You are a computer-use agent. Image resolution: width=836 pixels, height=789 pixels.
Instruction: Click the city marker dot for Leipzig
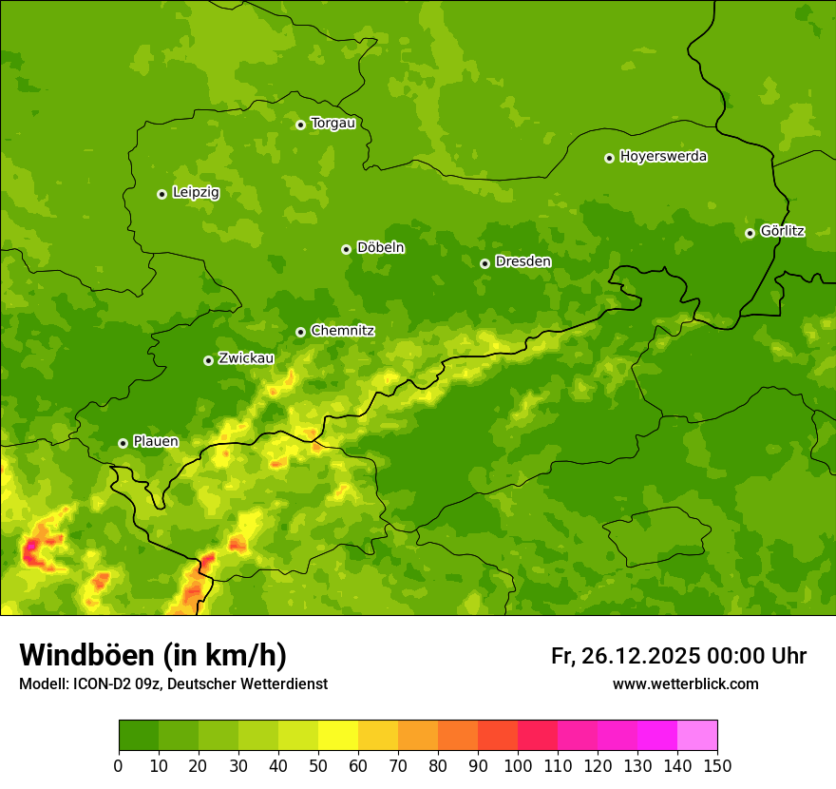[161, 194]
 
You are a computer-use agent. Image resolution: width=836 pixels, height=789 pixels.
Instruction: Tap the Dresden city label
[522, 261]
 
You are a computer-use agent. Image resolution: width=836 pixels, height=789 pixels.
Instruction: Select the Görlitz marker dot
[750, 233]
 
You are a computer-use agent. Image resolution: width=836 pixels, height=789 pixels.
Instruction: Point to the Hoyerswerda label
[663, 156]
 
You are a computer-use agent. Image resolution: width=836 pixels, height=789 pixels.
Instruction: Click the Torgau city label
[332, 123]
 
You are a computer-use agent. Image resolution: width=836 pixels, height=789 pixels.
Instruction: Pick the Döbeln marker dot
[346, 249]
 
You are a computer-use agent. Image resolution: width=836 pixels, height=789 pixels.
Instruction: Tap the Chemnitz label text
[342, 331]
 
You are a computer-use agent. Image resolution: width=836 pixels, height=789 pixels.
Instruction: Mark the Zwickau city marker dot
[208, 360]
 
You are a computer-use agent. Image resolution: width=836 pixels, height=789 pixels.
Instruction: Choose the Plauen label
[156, 441]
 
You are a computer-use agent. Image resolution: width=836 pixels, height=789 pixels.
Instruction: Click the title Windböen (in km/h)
[153, 655]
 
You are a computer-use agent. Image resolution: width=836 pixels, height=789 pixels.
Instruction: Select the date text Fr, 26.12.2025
[625, 656]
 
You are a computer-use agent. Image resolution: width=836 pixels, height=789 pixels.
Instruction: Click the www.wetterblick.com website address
[685, 683]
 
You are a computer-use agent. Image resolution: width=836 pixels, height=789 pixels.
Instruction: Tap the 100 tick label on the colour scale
[517, 765]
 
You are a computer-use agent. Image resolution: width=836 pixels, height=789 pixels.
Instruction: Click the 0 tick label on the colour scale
[119, 765]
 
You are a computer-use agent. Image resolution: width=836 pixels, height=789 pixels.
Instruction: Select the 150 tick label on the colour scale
[716, 765]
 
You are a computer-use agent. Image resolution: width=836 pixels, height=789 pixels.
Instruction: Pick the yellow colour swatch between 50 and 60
[338, 736]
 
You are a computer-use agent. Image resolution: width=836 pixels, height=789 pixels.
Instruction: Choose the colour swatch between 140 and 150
[697, 736]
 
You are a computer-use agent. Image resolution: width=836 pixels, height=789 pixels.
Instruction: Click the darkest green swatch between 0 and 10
[139, 736]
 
